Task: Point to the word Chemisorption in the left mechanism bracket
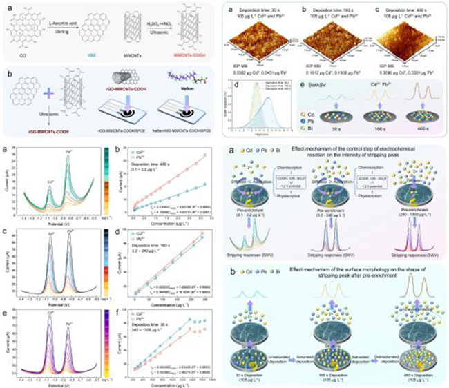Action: point(303,185)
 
